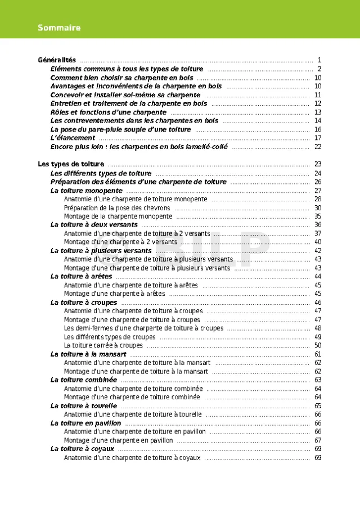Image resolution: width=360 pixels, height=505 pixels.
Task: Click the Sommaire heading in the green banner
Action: point(59,28)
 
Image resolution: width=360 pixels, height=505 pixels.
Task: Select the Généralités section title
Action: point(57,60)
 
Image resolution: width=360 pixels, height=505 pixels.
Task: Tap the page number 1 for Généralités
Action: point(319,60)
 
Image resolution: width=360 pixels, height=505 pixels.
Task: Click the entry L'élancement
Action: point(73,138)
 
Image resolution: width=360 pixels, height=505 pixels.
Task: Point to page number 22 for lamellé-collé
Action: point(318,147)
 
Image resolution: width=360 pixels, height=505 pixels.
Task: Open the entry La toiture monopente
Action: point(86,191)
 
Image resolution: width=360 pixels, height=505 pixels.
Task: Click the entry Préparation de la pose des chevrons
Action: point(117,208)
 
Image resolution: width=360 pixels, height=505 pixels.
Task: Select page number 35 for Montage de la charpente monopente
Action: point(318,217)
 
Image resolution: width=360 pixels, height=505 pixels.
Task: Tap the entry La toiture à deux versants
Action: point(94,225)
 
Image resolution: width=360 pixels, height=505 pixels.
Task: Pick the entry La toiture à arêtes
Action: point(81,277)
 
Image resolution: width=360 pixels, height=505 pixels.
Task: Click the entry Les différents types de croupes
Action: point(110,337)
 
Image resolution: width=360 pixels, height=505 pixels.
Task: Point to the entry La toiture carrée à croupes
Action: point(103,345)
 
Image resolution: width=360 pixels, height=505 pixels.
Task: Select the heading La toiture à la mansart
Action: point(88,354)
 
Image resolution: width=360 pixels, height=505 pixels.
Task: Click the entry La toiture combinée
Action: point(84,380)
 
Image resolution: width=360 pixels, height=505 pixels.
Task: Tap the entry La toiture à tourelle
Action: point(84,405)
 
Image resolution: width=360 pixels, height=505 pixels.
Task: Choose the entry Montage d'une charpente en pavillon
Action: point(118,440)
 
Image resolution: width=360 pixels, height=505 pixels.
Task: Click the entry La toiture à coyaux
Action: point(82,449)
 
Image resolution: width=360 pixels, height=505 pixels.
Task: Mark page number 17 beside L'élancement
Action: point(318,138)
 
